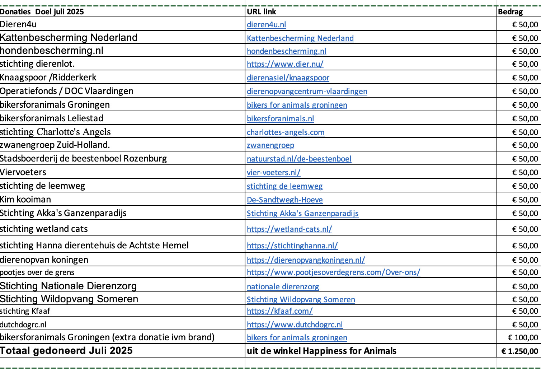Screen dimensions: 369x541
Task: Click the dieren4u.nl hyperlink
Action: click(266, 24)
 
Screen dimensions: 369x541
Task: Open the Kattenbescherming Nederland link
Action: click(300, 38)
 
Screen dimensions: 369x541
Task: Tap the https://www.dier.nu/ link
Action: click(285, 64)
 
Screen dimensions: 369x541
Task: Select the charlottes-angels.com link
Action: click(286, 132)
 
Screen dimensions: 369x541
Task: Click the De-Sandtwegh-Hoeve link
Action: click(284, 200)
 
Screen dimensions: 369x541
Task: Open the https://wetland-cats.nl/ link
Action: click(289, 229)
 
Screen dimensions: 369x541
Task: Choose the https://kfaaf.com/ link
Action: click(279, 311)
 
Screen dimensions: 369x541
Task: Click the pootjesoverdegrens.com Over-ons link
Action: click(333, 272)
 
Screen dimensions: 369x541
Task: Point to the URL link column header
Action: click(262, 11)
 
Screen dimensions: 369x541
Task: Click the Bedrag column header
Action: click(510, 11)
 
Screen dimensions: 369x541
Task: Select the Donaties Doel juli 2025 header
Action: click(42, 11)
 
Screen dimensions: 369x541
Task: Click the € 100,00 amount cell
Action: click(523, 337)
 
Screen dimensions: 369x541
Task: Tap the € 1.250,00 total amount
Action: click(519, 351)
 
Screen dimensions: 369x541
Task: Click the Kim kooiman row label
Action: click(25, 200)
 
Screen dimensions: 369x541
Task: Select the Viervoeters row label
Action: click(23, 172)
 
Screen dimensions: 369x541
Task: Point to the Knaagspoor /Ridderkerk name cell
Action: click(48, 78)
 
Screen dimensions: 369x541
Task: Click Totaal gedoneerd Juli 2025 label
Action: click(66, 351)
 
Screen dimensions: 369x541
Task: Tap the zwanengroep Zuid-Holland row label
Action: click(55, 145)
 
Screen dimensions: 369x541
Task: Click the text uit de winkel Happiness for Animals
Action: click(321, 351)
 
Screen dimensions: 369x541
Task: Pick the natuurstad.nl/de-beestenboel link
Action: click(299, 159)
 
